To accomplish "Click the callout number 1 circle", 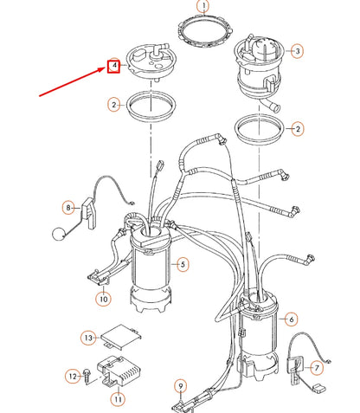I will pyautogui.click(x=202, y=8).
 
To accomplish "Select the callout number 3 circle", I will pyautogui.click(x=297, y=51).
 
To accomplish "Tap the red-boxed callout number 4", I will pyautogui.click(x=113, y=65).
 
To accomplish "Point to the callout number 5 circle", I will pyautogui.click(x=183, y=263).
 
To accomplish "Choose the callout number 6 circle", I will pyautogui.click(x=291, y=319).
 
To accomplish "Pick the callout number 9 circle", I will pyautogui.click(x=180, y=385).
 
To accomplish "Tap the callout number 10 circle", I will pyautogui.click(x=103, y=300).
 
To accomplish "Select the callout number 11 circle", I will pyautogui.click(x=117, y=400).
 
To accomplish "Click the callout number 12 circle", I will pyautogui.click(x=74, y=376).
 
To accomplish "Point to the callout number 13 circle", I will pyautogui.click(x=88, y=337).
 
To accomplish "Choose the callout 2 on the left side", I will pyautogui.click(x=113, y=104).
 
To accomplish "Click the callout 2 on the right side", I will pyautogui.click(x=298, y=129).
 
